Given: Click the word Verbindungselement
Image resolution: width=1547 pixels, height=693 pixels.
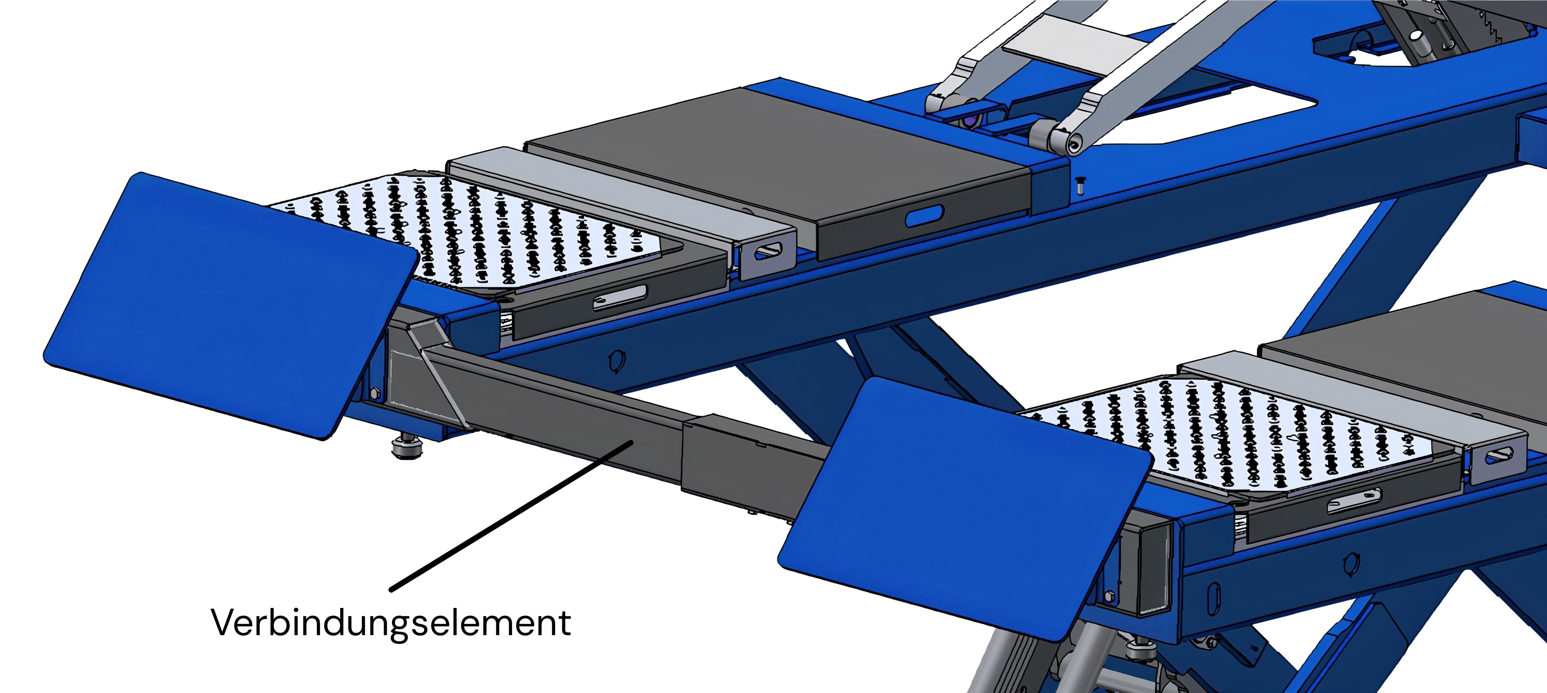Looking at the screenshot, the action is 391,623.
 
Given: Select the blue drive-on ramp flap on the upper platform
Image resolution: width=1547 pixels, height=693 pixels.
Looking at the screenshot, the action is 231,305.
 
